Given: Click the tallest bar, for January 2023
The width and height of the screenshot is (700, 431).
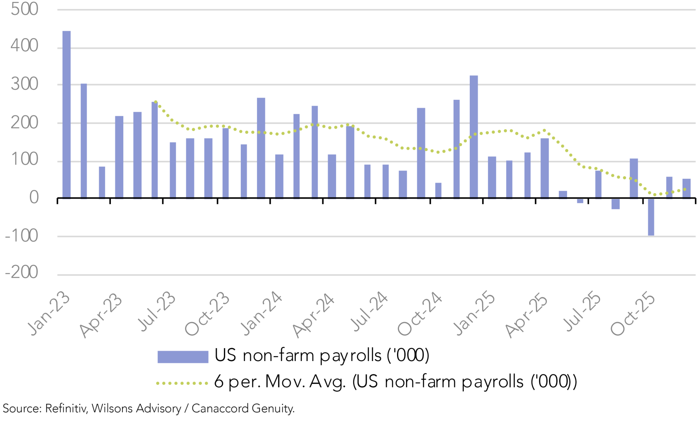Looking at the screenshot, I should click(x=66, y=115).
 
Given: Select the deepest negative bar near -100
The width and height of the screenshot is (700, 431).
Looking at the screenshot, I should click(x=651, y=217).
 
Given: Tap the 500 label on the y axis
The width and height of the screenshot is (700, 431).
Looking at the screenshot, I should click(x=24, y=9).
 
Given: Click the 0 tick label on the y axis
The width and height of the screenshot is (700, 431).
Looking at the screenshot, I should click(x=34, y=198).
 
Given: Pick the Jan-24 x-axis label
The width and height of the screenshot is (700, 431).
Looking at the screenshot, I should click(x=261, y=313).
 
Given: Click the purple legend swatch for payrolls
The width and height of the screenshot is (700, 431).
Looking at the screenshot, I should click(x=183, y=356).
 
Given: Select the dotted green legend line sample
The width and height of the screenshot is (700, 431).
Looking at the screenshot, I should click(x=182, y=383).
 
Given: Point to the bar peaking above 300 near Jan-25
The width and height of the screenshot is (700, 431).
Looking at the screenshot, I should click(x=474, y=137).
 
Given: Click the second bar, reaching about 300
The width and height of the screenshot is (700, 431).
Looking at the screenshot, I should click(x=84, y=141).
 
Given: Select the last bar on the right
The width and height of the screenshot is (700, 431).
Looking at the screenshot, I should click(x=686, y=188).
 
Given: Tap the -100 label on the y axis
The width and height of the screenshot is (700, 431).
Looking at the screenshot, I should click(x=22, y=236).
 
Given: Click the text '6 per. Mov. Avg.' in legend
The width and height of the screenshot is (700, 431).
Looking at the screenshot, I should click(x=280, y=382).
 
